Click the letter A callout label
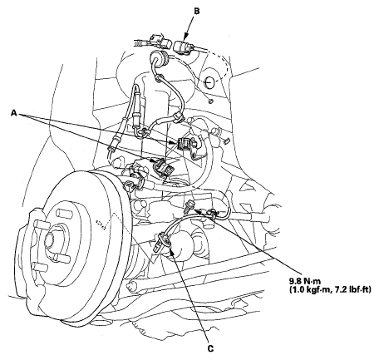tap(14, 112)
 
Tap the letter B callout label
tap(197, 11)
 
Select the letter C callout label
tap(211, 348)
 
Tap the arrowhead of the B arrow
tap(185, 37)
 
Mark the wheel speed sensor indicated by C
tap(161, 241)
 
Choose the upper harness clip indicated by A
tap(183, 144)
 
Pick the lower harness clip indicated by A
tap(163, 167)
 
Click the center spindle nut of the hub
tap(51, 239)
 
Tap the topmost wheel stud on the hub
tap(62, 214)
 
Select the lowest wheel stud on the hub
tap(38, 268)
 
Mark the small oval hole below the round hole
tap(211, 101)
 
